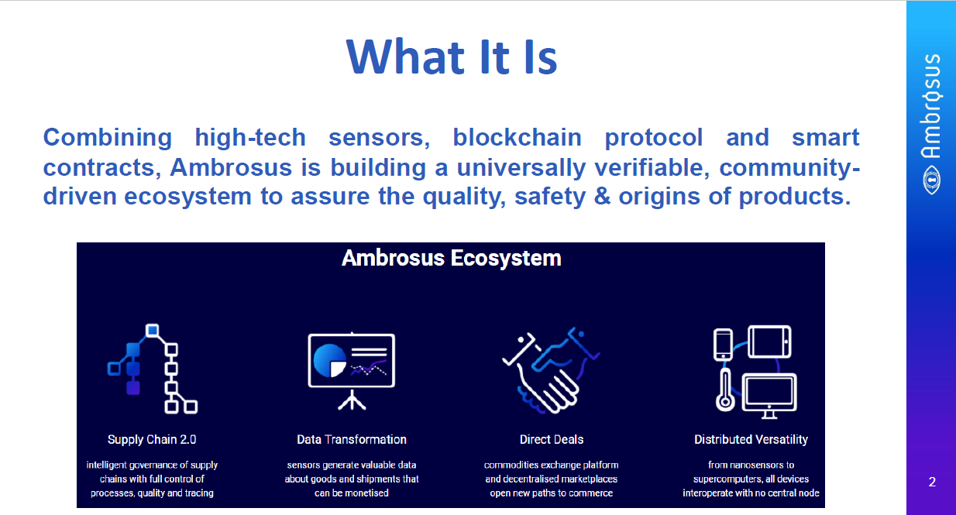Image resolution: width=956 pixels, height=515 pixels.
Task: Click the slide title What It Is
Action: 452,57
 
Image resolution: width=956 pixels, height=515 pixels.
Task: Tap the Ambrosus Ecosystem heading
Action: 451,258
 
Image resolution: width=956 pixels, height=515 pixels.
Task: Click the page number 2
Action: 932,482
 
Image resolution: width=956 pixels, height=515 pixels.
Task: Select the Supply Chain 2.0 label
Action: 152,439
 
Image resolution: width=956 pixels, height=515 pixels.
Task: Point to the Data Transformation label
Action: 352,439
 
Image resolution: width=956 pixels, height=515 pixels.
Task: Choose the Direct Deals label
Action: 552,439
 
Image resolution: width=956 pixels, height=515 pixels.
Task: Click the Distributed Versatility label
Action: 751,439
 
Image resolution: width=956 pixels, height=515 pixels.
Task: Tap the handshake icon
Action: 551,370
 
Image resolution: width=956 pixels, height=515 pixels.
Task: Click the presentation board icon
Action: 352,370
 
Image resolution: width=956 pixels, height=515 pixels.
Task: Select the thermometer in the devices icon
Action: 725,390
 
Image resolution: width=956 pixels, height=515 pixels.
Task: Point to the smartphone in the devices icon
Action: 723,345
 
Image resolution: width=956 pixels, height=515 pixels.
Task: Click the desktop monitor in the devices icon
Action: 769,396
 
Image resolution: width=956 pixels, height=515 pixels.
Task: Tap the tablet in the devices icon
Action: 769,342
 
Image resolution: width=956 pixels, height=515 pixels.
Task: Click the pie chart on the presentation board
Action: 329,361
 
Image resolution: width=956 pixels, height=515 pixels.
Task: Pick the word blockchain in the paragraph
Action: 518,137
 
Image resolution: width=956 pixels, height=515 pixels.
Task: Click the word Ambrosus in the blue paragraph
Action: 231,167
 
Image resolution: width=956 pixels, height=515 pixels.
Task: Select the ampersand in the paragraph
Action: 602,196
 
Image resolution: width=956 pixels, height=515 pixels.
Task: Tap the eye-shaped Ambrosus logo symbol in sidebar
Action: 931,180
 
